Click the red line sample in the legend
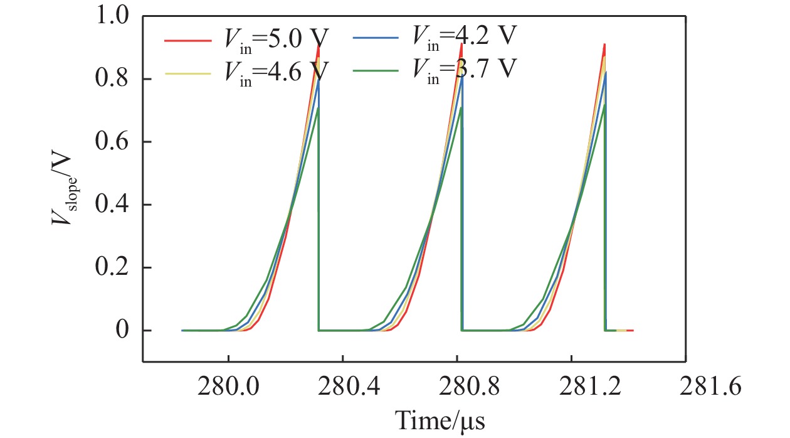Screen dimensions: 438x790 187,41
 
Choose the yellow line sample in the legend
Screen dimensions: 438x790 187,73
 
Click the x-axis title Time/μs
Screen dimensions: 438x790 440,419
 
